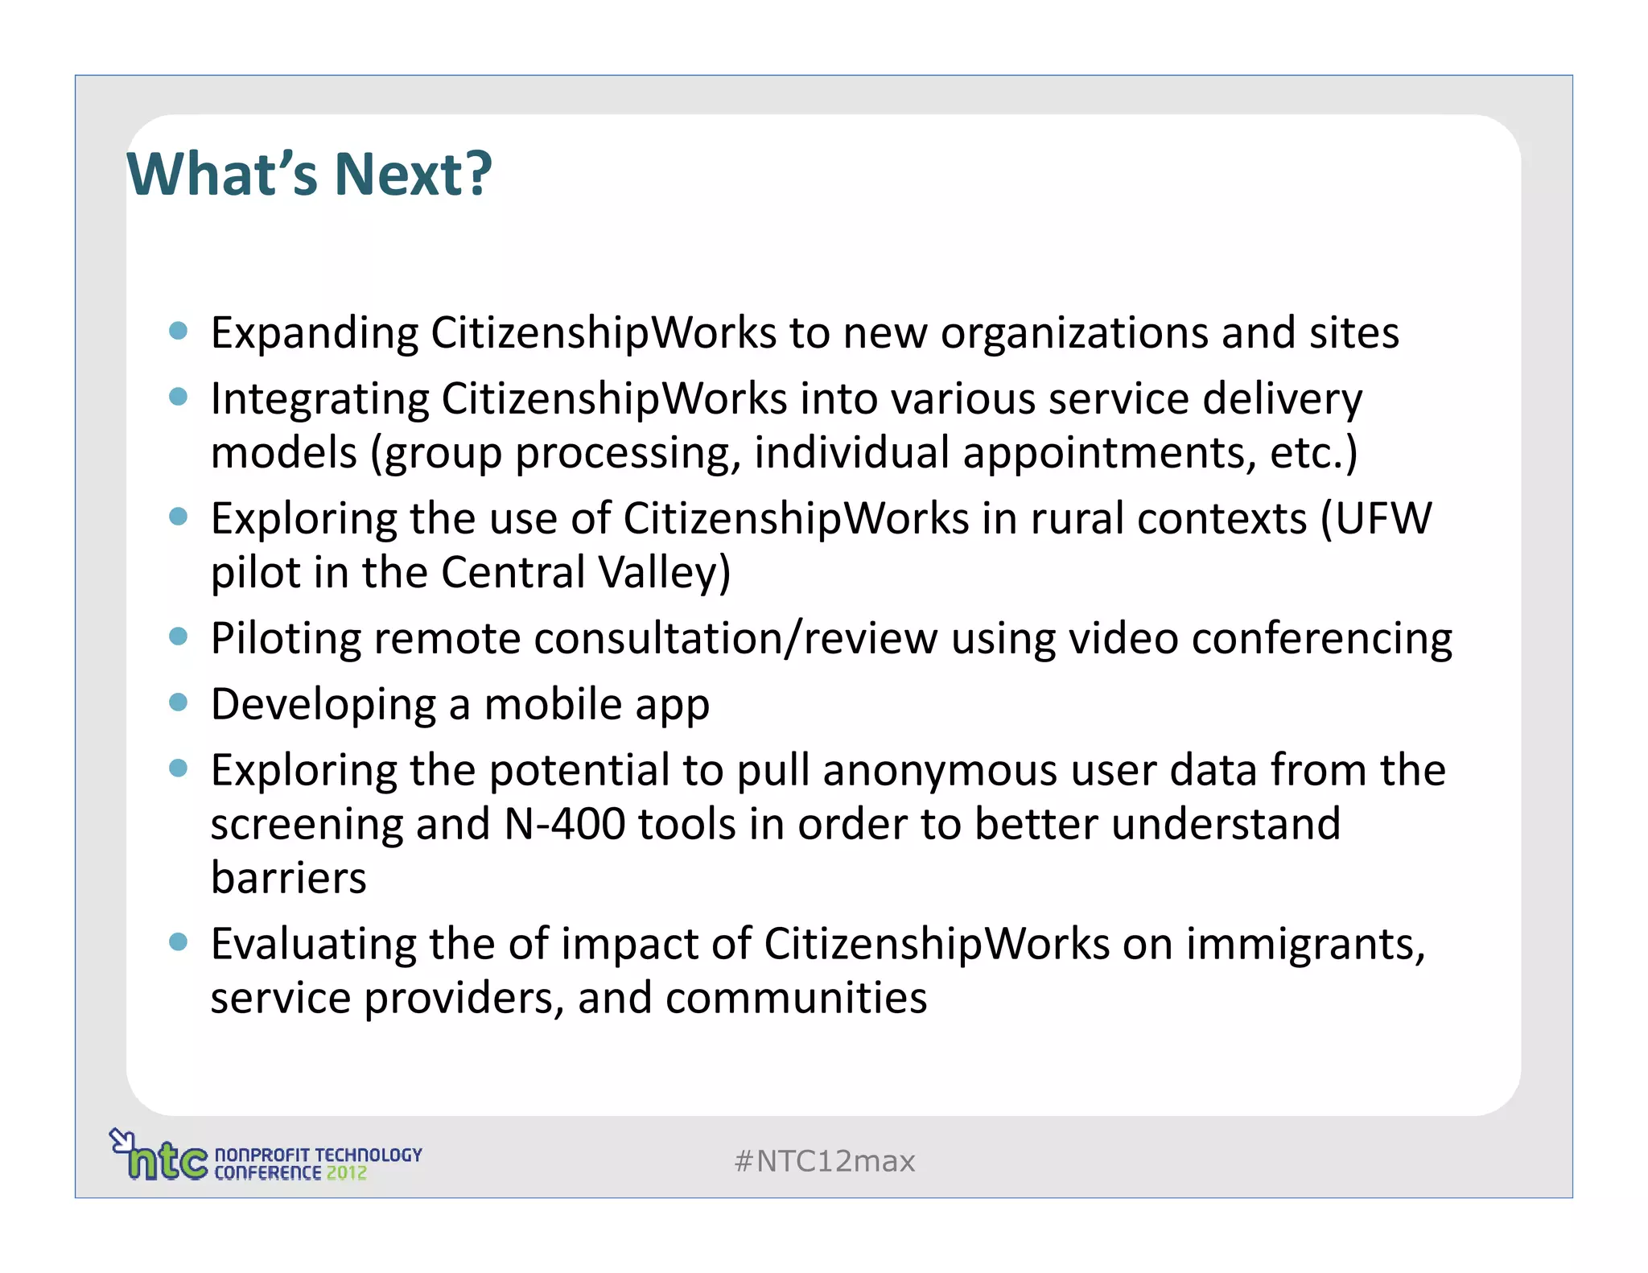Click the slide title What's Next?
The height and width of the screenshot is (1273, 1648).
309,174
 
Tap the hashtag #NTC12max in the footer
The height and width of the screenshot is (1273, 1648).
825,1161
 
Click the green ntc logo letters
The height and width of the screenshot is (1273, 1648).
167,1160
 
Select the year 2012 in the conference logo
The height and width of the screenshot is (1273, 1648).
346,1173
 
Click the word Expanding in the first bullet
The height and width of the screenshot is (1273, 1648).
315,333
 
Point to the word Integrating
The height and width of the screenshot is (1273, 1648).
319,399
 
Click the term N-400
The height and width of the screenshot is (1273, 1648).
564,824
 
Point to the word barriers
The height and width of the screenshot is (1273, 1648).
288,878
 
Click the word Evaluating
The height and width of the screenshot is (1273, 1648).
313,944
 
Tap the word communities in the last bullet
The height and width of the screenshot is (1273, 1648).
796,998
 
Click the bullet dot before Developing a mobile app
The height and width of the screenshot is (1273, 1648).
178,702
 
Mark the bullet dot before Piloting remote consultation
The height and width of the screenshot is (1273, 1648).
178,636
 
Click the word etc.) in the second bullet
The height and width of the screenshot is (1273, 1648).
1313,453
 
